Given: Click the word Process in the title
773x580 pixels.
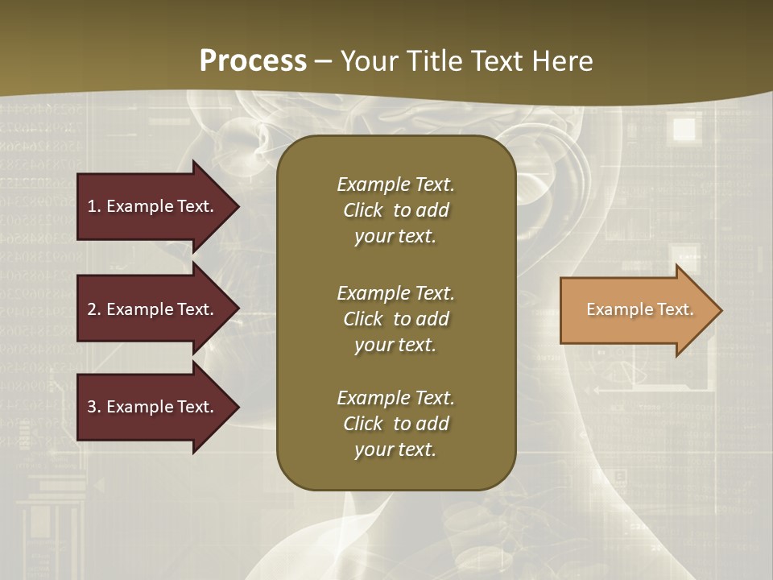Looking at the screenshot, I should click(253, 61).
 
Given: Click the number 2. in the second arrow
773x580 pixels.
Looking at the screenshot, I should click(94, 309).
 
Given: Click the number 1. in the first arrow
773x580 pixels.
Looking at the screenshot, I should click(94, 206).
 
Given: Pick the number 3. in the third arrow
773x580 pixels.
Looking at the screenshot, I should click(94, 407).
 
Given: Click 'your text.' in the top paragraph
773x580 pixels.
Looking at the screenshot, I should click(395, 236).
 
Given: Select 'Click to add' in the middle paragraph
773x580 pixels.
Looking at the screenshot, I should click(395, 319).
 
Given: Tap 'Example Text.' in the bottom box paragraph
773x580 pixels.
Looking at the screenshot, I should click(395, 398).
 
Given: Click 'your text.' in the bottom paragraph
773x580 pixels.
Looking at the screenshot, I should click(395, 449).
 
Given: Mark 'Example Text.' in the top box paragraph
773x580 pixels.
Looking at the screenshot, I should click(395, 184).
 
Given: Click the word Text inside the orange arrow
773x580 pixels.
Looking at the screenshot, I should click(674, 309).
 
